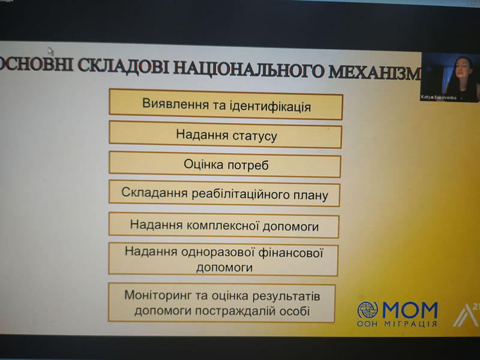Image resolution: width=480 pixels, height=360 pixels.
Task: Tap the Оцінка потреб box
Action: (x=225, y=164)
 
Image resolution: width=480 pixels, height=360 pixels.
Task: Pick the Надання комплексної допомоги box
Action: (x=224, y=226)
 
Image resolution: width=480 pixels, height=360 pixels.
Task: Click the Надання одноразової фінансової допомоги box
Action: (x=224, y=259)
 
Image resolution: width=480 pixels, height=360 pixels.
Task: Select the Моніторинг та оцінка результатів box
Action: (x=222, y=303)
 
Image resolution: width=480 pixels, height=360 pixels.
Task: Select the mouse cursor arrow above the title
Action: (x=51, y=52)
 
